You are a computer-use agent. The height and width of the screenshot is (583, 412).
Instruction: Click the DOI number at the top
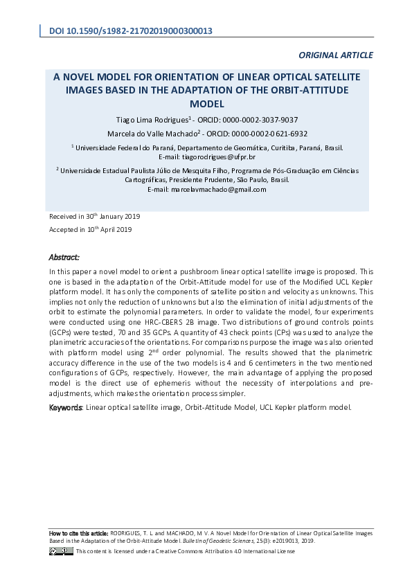tap(138, 31)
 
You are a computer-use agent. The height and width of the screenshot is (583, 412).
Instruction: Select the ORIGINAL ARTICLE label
tap(336, 55)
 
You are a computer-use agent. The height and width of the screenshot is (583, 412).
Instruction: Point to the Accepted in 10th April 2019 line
tap(90, 229)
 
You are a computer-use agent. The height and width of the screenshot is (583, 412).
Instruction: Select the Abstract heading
tap(64, 257)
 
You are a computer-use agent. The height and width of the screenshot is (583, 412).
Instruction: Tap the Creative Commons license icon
tap(61, 550)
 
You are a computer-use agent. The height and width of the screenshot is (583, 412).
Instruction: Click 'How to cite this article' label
tap(78, 534)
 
